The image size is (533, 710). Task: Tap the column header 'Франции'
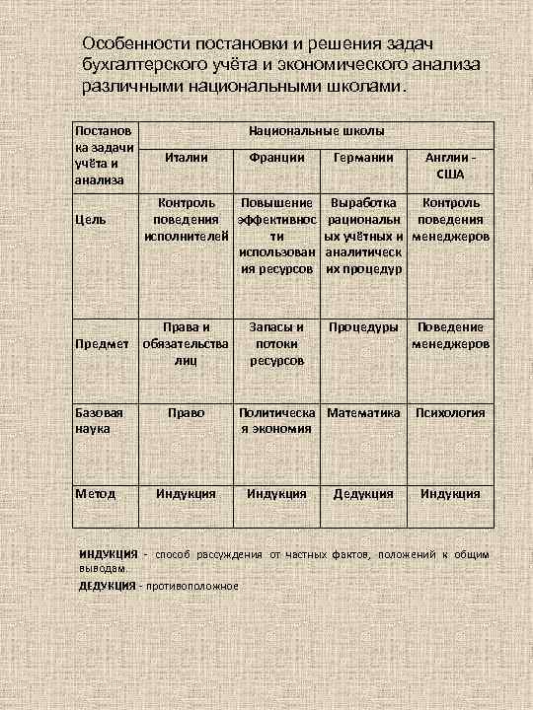pyautogui.click(x=276, y=157)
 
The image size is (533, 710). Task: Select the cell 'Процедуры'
pyautogui.click(x=363, y=326)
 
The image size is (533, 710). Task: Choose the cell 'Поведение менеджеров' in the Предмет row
pyautogui.click(x=450, y=335)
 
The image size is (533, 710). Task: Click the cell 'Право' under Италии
pyautogui.click(x=186, y=413)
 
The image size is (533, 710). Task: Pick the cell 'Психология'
pyautogui.click(x=450, y=413)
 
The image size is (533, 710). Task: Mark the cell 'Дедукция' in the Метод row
pyautogui.click(x=363, y=493)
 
